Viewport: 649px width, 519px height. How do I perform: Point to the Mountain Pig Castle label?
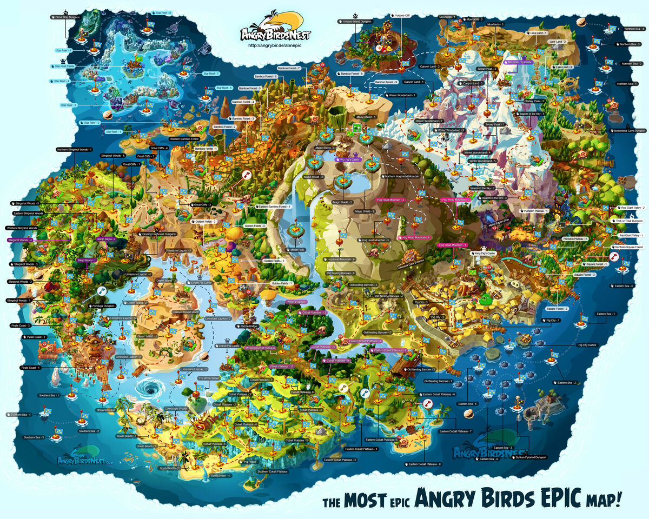[x=520, y=62]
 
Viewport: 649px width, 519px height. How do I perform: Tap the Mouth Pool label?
[x=297, y=250]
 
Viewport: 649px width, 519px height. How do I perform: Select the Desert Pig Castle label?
[x=200, y=282]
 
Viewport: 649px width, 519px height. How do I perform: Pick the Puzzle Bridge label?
[x=249, y=327]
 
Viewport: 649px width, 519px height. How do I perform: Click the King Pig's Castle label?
[x=486, y=253]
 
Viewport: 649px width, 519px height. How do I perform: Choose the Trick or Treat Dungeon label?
[x=629, y=221]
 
